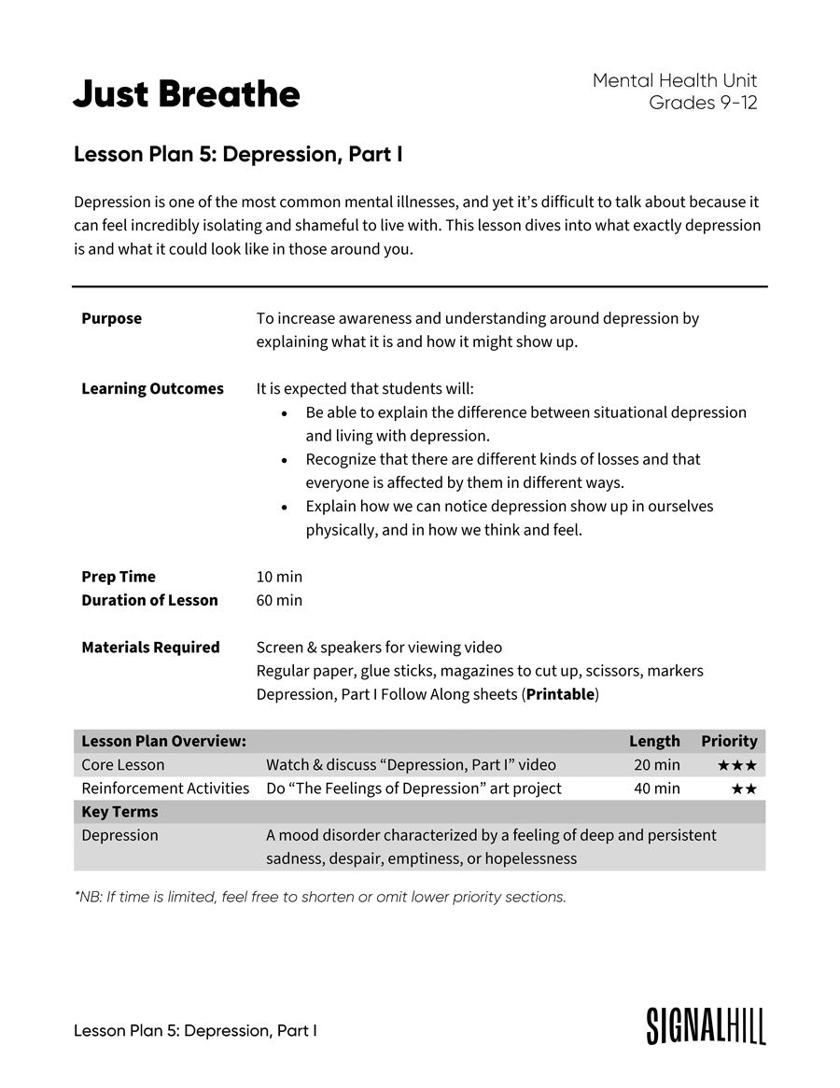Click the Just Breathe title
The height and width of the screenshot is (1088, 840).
point(187,94)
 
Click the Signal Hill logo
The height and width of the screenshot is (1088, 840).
point(706,1025)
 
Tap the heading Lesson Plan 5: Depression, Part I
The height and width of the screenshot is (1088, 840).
point(238,154)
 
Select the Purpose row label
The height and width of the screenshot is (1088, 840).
point(111,318)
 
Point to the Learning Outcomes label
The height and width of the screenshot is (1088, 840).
point(152,388)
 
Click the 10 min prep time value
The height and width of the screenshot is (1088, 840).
point(279,577)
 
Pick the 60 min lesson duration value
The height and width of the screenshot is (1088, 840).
point(279,600)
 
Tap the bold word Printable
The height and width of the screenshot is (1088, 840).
point(560,694)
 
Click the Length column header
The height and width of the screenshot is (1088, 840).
point(654,741)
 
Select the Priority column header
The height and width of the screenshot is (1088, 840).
point(729,741)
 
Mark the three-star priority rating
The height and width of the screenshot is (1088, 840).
point(737,766)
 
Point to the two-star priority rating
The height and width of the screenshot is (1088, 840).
point(744,789)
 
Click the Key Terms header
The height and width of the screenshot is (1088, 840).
point(119,812)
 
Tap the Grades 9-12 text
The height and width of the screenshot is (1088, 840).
point(703,103)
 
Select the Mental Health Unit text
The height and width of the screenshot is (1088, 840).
point(675,81)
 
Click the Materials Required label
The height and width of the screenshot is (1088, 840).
point(150,648)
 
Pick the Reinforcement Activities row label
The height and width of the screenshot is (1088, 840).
point(165,788)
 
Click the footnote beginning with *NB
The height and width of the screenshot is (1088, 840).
point(320,897)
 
